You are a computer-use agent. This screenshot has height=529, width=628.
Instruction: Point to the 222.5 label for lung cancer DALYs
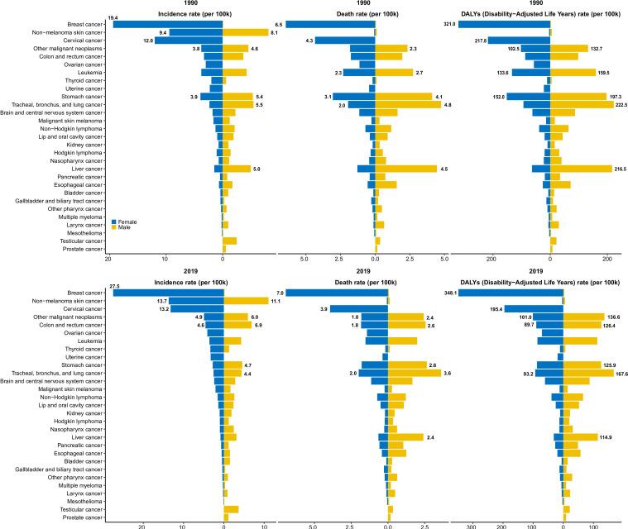[615, 105]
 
